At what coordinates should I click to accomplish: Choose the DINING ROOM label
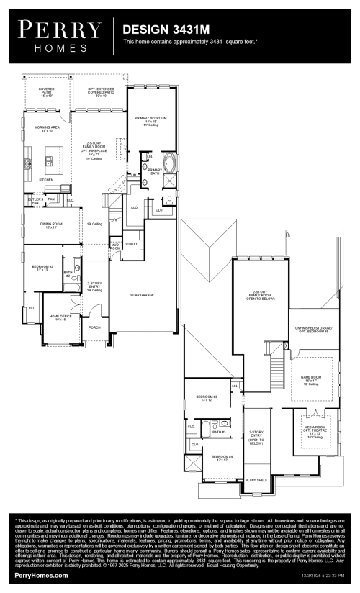(x=51, y=225)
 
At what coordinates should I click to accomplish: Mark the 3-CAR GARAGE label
(x=142, y=295)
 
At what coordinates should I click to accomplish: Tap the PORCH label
(x=94, y=326)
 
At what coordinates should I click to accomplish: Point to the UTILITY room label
(x=132, y=244)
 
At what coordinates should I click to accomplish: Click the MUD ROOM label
(x=115, y=247)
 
